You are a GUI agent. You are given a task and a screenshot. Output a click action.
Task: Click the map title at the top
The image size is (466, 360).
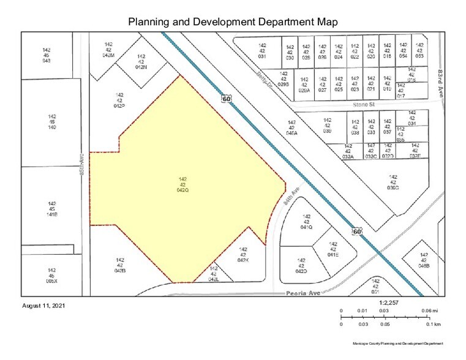pos(233,22)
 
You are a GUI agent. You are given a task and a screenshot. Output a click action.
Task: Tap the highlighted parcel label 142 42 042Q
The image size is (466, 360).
pos(182,185)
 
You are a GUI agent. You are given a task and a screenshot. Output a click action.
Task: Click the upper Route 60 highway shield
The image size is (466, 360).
pos(227,99)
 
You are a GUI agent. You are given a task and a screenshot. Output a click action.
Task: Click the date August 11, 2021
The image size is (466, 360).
pos(43,305)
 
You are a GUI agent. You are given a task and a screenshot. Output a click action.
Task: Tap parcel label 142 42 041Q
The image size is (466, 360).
pos(307,222)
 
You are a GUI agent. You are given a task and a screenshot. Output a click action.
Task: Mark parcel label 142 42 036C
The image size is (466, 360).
pos(393,182)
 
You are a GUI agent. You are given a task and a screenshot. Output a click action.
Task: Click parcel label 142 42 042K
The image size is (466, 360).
pos(242,255)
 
